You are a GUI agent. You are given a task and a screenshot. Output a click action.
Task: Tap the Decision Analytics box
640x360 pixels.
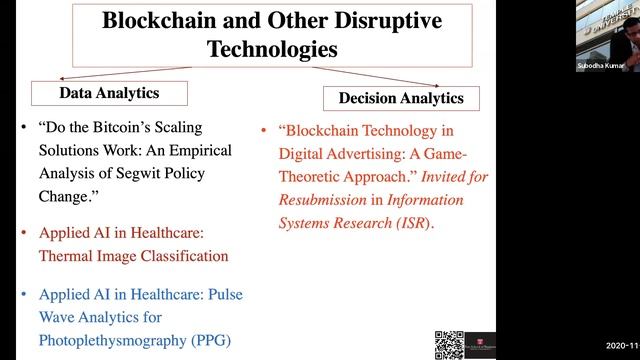(x=401, y=98)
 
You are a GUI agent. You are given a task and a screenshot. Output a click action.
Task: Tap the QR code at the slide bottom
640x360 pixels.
(x=449, y=342)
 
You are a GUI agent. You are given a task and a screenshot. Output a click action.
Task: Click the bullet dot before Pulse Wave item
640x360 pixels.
(x=24, y=294)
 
